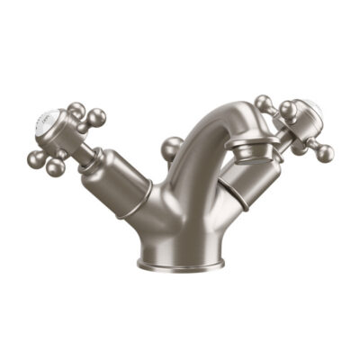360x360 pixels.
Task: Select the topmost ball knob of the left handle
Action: click(76, 110)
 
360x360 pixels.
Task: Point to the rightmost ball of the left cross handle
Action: click(95, 117)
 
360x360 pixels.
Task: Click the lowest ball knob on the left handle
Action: click(57, 166)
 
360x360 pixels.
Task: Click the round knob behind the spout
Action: click(172, 148)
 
